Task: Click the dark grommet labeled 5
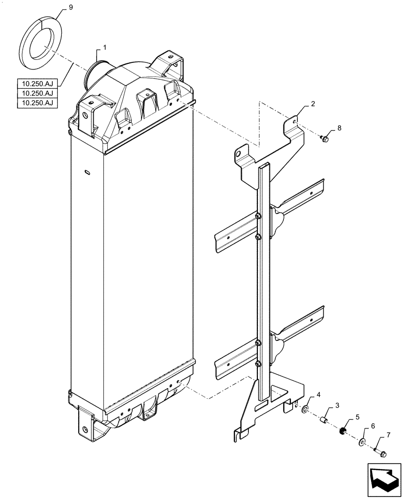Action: click(343, 431)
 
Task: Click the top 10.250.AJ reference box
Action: click(37, 84)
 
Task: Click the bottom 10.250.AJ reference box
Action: click(37, 103)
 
